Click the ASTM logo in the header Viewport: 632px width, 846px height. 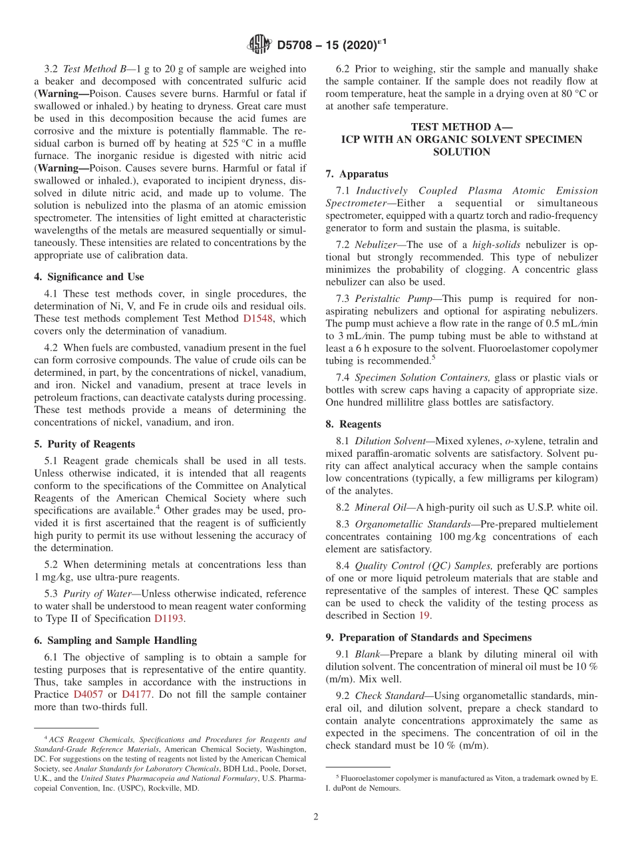click(x=259, y=45)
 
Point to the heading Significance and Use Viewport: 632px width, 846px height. click(x=94, y=277)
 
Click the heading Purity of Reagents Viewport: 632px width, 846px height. click(x=89, y=444)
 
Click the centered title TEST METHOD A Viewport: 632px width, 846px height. click(x=461, y=127)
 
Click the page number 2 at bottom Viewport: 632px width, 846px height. click(x=316, y=817)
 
